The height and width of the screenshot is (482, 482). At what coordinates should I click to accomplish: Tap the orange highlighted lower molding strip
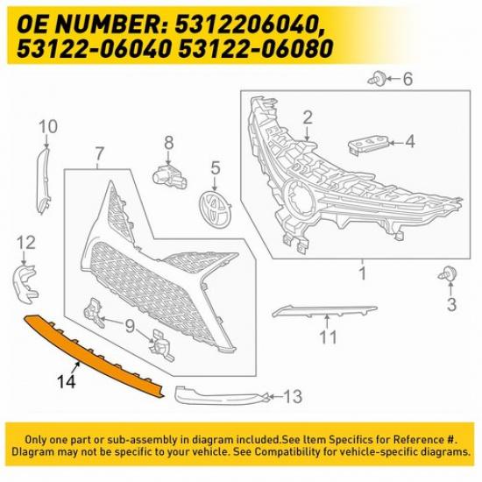[x=96, y=351]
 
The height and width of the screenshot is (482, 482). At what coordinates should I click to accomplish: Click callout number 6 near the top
[x=407, y=79]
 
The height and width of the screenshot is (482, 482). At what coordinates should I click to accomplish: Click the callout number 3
[x=451, y=304]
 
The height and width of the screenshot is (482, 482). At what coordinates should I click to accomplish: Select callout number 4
[x=409, y=140]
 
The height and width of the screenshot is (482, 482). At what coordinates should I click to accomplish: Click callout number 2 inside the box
[x=308, y=117]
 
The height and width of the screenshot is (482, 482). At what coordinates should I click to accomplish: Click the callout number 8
[x=168, y=141]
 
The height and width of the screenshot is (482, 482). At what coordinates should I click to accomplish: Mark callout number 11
[x=328, y=337]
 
